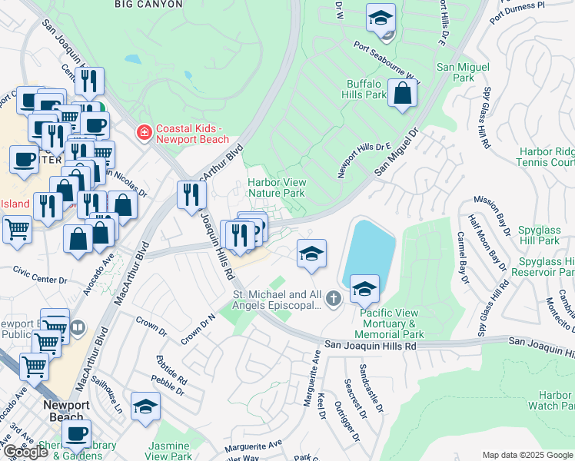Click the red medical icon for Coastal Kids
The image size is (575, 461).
point(143,134)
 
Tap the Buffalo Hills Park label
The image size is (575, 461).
point(364,89)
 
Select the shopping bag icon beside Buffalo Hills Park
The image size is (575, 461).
point(402,95)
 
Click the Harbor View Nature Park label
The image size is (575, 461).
point(276,188)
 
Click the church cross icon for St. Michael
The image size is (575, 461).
point(332,298)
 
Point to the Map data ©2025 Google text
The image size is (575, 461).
point(527,455)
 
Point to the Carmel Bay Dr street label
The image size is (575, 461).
point(462,258)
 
